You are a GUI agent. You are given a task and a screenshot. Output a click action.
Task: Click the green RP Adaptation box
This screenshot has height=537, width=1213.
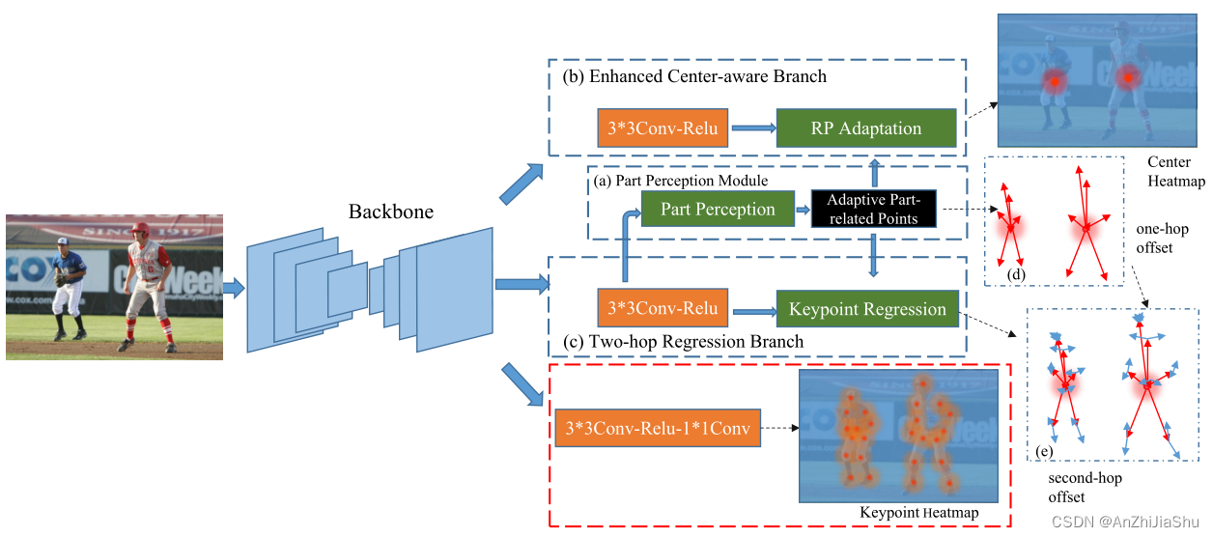865,128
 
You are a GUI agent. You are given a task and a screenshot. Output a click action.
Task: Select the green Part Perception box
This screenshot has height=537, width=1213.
718,210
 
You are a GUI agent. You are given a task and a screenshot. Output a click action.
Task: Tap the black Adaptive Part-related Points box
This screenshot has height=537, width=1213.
874,210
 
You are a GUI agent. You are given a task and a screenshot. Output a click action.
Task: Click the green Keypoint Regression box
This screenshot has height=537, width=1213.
867,310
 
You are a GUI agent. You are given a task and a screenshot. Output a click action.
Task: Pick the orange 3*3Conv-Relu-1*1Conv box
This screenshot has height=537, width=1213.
658,428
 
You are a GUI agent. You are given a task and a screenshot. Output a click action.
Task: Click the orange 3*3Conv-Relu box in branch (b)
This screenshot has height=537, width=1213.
663,127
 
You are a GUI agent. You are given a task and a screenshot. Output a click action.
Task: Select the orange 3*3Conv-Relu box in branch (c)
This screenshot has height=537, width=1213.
663,309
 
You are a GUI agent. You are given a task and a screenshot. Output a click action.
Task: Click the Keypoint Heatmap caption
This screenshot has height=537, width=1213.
918,513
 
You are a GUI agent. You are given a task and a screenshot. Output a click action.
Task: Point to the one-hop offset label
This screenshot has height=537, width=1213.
1163,239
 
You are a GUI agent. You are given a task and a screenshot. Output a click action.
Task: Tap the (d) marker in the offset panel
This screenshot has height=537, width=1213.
1015,275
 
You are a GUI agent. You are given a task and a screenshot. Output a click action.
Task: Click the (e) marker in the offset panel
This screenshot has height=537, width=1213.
1044,451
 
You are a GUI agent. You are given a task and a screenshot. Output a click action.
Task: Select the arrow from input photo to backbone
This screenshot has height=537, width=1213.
234,287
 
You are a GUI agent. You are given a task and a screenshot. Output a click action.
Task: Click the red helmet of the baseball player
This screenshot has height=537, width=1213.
141,229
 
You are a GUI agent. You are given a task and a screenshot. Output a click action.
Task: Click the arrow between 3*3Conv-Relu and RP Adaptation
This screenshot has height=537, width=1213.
753,127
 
